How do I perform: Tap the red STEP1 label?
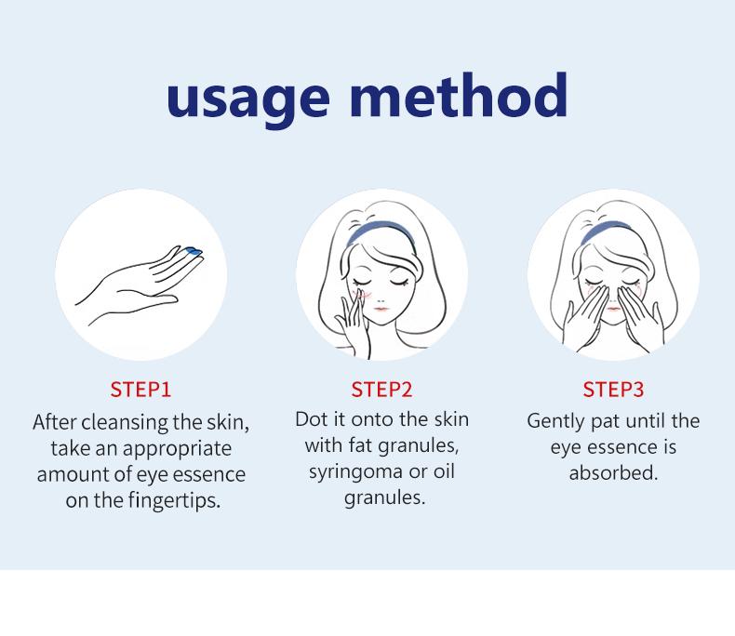(x=140, y=389)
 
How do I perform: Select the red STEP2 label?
(x=381, y=389)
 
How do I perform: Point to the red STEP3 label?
(x=613, y=389)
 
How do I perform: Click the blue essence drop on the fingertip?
(x=194, y=250)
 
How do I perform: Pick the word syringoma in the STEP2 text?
(x=355, y=470)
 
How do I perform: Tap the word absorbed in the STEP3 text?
(x=613, y=472)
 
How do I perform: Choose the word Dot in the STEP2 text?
(x=311, y=418)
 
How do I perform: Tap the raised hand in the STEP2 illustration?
(x=355, y=321)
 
